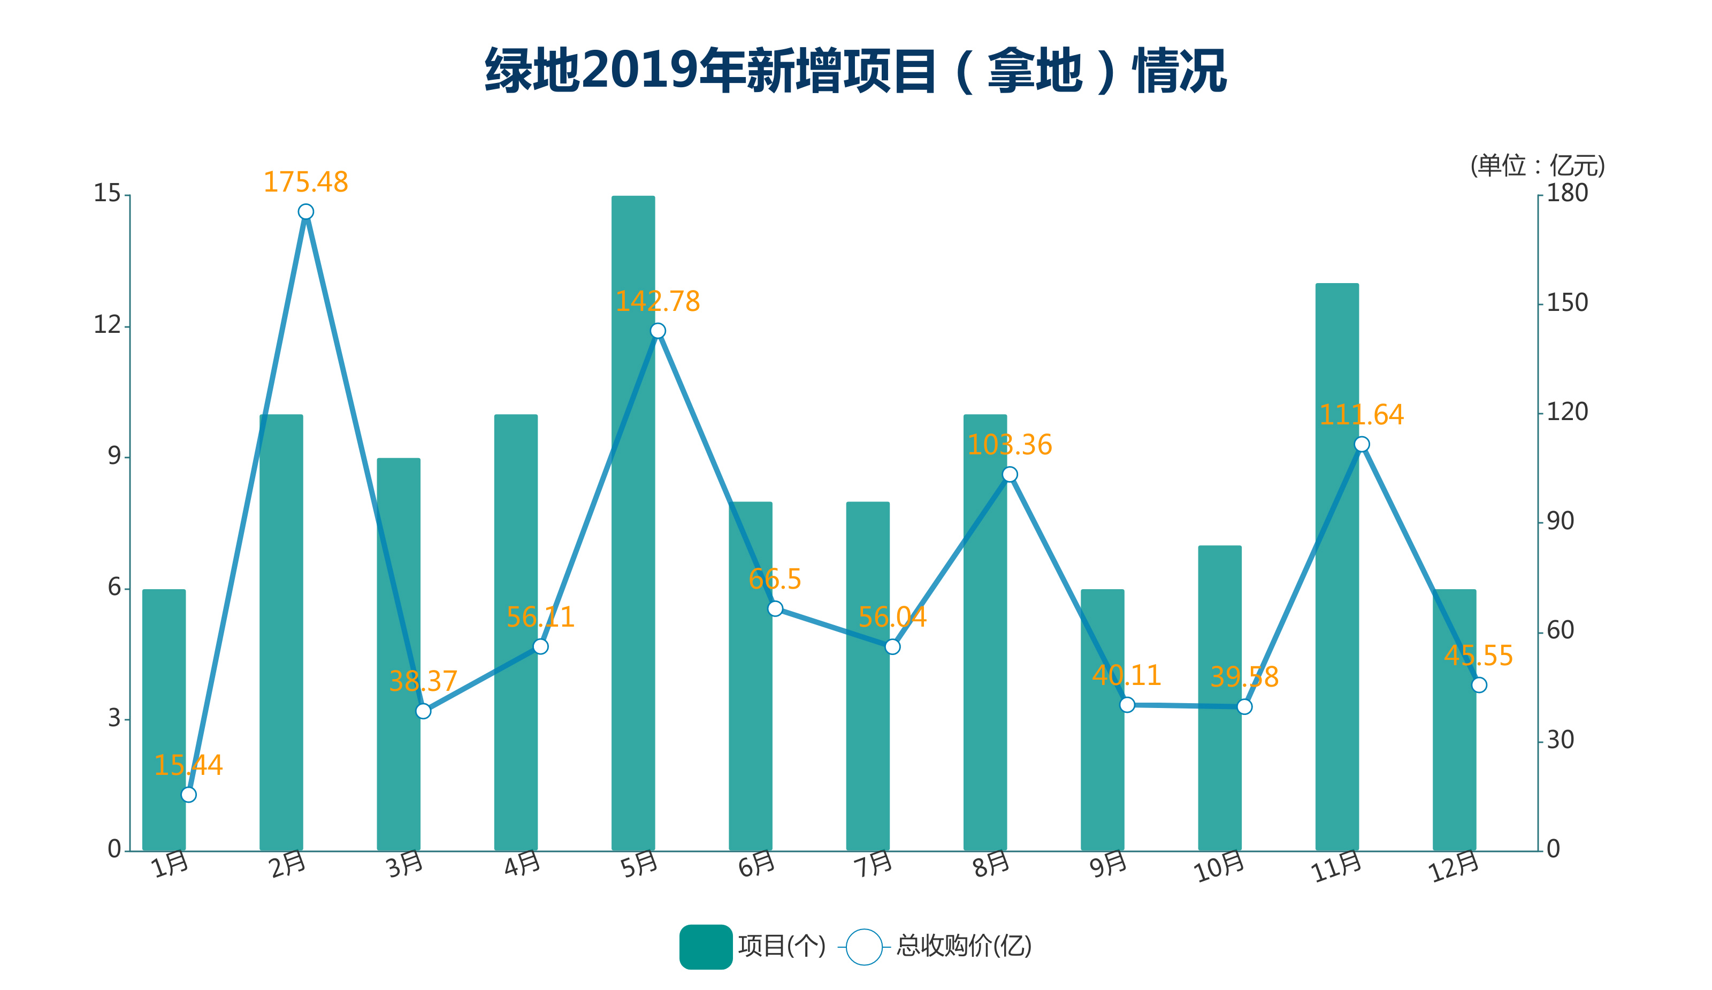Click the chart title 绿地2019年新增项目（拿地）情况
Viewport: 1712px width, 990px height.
855,71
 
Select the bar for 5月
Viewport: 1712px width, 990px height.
633,523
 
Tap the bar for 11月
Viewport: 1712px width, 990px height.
1337,567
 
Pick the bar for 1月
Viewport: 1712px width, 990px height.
164,720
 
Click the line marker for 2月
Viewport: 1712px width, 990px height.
305,212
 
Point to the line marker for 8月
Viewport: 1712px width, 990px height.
1010,474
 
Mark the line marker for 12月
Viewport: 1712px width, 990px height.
1479,685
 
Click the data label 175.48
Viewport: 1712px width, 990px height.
305,182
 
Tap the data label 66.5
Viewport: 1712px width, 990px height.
775,580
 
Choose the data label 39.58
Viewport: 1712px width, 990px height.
1244,677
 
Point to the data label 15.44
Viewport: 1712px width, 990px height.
188,766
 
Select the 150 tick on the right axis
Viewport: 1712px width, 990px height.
1568,303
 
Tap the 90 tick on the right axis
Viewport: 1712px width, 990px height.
1561,521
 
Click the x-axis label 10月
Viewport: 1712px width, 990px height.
1219,867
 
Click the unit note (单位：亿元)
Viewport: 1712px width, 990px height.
1538,166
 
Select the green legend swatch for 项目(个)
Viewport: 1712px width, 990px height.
706,947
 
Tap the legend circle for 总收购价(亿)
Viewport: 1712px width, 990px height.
863,947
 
